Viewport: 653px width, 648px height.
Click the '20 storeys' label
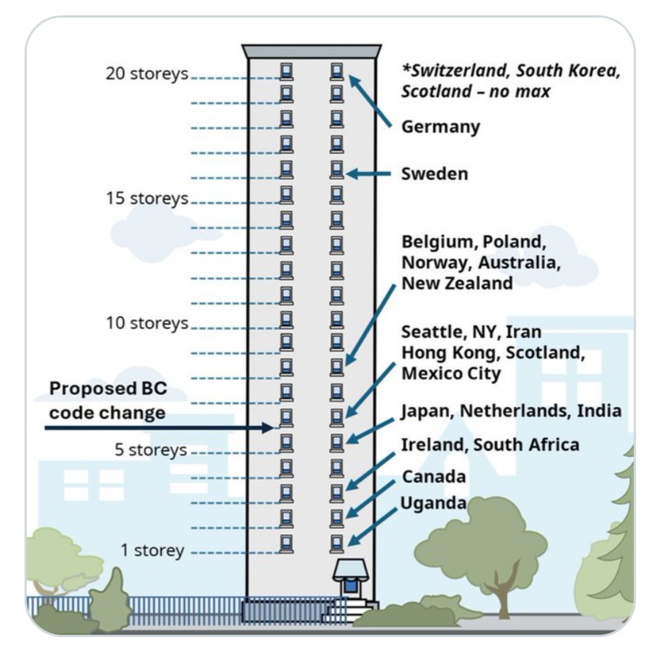point(147,73)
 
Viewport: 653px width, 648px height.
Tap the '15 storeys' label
point(147,198)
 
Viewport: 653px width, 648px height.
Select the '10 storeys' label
point(147,323)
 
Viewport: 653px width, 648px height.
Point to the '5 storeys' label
point(150,450)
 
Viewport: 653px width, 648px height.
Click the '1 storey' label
point(153,550)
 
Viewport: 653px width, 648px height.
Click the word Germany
point(441,127)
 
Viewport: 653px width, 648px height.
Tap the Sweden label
point(434,174)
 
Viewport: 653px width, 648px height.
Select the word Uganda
point(433,503)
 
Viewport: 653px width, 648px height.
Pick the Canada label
point(434,477)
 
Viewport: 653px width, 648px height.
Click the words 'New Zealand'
point(457,283)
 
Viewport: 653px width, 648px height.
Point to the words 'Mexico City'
point(451,374)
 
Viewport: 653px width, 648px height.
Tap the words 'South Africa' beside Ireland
point(526,445)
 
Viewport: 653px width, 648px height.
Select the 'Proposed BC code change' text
point(108,400)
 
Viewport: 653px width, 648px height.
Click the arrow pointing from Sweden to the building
point(368,173)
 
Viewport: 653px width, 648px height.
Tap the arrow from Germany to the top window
point(370,101)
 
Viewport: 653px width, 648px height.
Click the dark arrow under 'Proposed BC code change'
point(159,428)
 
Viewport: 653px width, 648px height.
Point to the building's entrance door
point(351,586)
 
